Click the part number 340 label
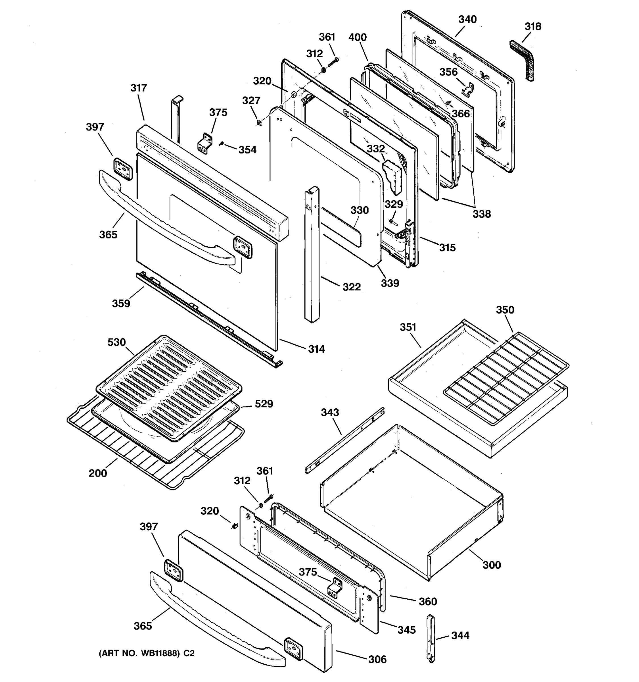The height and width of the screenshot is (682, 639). click(x=467, y=19)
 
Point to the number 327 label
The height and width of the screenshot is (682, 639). click(x=251, y=101)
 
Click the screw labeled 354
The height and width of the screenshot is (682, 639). click(x=222, y=144)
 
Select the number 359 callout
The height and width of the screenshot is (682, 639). click(x=121, y=303)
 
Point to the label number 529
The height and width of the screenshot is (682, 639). click(x=264, y=404)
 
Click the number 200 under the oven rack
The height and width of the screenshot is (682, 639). click(x=98, y=473)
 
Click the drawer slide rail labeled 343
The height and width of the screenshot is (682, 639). click(x=344, y=441)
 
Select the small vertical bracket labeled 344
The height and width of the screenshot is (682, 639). click(x=430, y=638)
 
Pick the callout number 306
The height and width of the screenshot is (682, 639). click(x=377, y=659)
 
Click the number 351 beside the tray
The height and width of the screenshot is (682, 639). click(x=408, y=327)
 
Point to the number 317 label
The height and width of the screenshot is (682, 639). click(x=139, y=88)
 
